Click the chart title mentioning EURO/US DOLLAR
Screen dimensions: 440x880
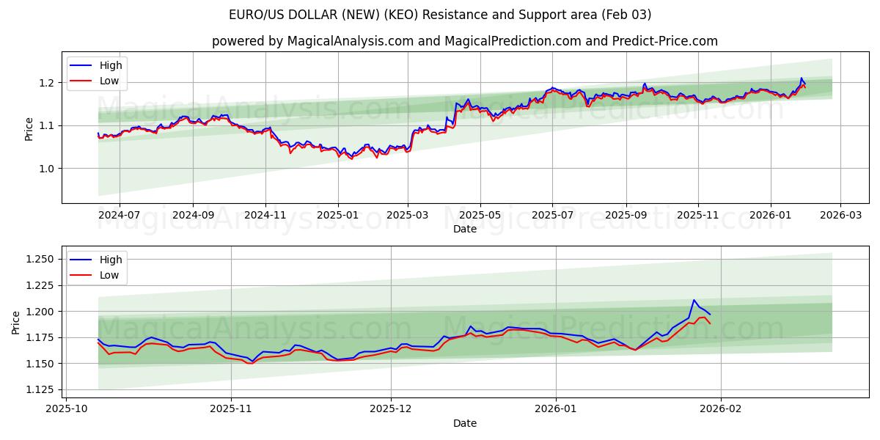(440, 15)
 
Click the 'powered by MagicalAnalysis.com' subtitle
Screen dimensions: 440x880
(465, 41)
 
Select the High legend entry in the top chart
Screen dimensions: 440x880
(111, 65)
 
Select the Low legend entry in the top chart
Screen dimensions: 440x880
(109, 81)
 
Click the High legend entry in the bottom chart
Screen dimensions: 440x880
(111, 260)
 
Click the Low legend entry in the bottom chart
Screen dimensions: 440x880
(109, 275)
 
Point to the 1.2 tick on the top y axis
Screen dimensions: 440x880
(47, 83)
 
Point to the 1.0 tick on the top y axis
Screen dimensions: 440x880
(47, 169)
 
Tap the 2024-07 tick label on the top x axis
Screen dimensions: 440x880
(119, 215)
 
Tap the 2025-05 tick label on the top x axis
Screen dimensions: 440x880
(480, 215)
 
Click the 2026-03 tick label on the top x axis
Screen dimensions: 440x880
(840, 215)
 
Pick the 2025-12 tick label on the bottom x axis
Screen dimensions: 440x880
(391, 409)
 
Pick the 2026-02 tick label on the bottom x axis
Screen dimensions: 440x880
(721, 409)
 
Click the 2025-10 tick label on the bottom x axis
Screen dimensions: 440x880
(67, 409)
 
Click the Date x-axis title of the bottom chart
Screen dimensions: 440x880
(465, 423)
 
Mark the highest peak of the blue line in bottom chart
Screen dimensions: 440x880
(694, 300)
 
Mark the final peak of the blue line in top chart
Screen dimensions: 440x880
(802, 78)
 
